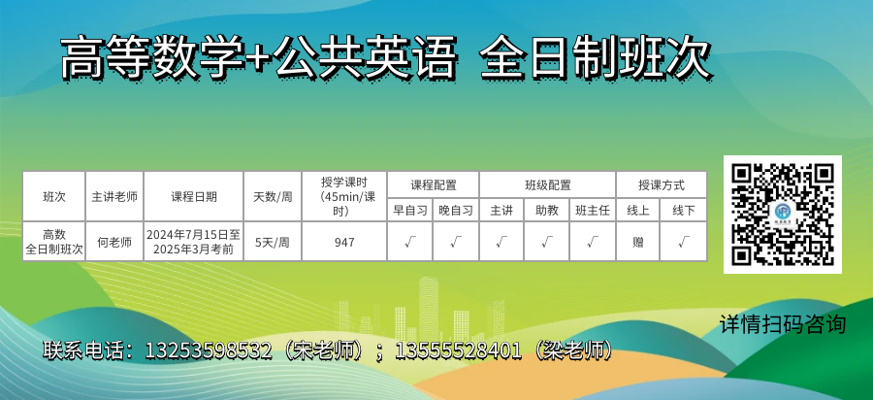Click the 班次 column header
[x=54, y=197]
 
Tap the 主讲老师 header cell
[x=114, y=197]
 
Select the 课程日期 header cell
[x=194, y=197]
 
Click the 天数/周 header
[x=273, y=197]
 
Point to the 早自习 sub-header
[x=410, y=210]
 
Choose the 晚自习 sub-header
[x=456, y=210]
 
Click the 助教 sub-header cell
[x=547, y=210]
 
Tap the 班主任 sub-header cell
[x=593, y=210]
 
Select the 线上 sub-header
[x=638, y=210]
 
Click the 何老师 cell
[x=114, y=242]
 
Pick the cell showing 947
[x=344, y=242]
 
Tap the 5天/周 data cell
[x=273, y=242]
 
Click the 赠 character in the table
[x=638, y=242]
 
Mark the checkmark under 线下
[x=684, y=242]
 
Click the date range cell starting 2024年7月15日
[x=194, y=242]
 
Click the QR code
[x=782, y=215]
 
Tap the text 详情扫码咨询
[x=782, y=324]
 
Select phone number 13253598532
[x=209, y=350]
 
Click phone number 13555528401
[x=458, y=350]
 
